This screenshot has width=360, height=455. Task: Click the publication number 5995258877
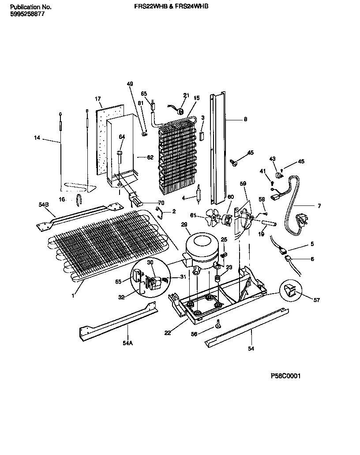[26, 14]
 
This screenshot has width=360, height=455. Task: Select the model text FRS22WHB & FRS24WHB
[171, 7]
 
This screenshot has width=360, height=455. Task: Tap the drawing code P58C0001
[286, 376]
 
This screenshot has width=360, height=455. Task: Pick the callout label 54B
[43, 205]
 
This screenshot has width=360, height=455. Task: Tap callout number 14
[37, 138]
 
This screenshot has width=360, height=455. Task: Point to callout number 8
[245, 119]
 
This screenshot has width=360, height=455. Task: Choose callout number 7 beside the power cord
[319, 206]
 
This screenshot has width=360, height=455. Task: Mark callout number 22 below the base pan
[167, 333]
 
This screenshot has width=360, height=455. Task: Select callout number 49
[130, 84]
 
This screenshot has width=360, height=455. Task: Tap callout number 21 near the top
[186, 95]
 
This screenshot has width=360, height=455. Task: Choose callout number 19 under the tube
[261, 235]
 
